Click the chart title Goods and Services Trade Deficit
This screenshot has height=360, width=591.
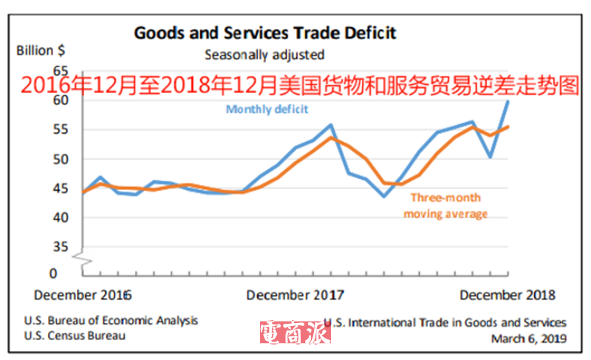[264, 33]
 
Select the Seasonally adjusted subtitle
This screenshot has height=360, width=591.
[264, 54]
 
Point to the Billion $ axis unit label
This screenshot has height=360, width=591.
[41, 51]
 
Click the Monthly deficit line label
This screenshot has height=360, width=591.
[267, 109]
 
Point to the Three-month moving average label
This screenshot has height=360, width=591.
[445, 206]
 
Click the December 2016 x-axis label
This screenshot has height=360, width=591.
[83, 295]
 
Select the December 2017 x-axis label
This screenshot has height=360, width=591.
[295, 295]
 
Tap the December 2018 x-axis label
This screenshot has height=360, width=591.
[508, 295]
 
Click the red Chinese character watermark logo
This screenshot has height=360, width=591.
[295, 333]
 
